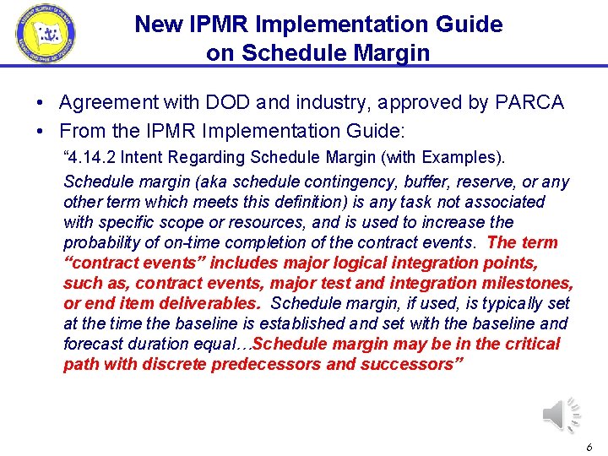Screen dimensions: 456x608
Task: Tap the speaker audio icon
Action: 562,415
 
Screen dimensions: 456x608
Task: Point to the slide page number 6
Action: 589,447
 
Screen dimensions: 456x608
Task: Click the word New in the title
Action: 155,24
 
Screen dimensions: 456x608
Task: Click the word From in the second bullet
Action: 80,132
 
